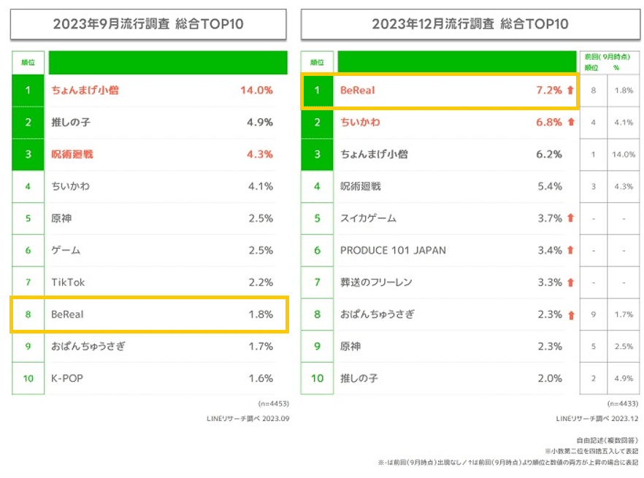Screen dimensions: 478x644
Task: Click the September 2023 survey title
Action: pos(148,24)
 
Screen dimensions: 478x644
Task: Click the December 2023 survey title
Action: pos(470,24)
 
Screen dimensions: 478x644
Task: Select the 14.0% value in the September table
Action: pos(256,90)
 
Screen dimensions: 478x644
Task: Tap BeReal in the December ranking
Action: pos(357,90)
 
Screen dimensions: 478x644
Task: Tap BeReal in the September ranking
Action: pos(69,315)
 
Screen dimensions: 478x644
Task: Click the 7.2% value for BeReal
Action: pos(549,90)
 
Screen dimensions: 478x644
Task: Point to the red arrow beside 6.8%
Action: pos(570,123)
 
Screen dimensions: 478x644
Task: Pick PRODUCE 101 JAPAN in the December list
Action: pos(394,250)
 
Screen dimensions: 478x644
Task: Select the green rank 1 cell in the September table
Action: pos(28,90)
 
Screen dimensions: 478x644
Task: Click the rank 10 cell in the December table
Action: pos(317,378)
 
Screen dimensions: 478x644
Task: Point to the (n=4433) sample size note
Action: pos(623,404)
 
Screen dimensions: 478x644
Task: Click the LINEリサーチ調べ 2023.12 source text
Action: pos(597,418)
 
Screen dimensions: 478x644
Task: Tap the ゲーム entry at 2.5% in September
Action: pos(66,250)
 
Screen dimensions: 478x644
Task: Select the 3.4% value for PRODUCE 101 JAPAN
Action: pos(549,250)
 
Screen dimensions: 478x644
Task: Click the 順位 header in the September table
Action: pos(28,63)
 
